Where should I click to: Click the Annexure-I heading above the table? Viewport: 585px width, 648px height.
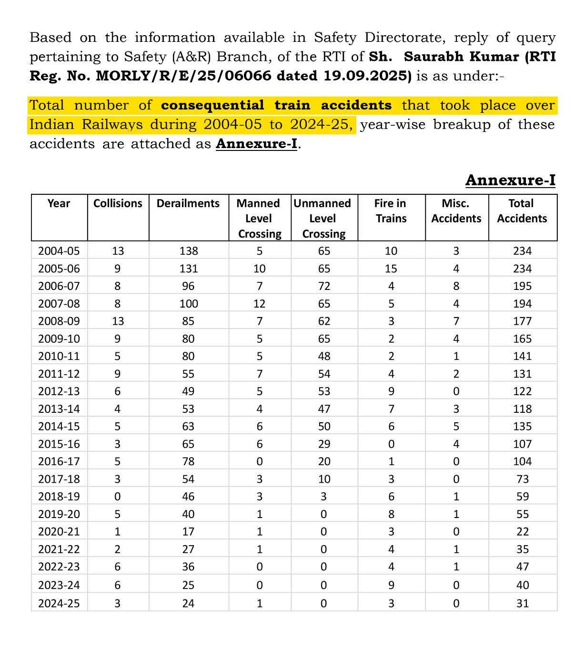(x=510, y=180)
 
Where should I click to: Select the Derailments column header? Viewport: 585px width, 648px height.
(x=188, y=204)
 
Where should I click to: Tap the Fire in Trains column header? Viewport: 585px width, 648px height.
(x=390, y=211)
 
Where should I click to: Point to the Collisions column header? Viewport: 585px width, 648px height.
(x=118, y=204)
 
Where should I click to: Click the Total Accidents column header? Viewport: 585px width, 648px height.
(x=522, y=211)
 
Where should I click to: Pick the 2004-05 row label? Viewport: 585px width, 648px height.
(x=59, y=251)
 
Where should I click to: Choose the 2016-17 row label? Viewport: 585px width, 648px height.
(x=59, y=462)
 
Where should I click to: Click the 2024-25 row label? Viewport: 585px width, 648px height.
(x=59, y=604)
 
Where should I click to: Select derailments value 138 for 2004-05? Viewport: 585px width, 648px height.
(x=189, y=251)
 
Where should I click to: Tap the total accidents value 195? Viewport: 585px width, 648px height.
(x=523, y=287)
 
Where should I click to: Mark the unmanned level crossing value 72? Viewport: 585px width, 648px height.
(x=324, y=287)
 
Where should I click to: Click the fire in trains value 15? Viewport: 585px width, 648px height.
(x=391, y=269)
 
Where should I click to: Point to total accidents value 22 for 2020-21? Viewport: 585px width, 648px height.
(x=523, y=532)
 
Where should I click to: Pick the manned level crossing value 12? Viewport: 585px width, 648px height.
(x=260, y=304)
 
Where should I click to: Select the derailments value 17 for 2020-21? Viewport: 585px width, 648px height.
(x=189, y=532)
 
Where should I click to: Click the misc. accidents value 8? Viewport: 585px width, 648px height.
(x=456, y=287)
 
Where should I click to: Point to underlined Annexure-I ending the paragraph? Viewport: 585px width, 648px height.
(x=257, y=144)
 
